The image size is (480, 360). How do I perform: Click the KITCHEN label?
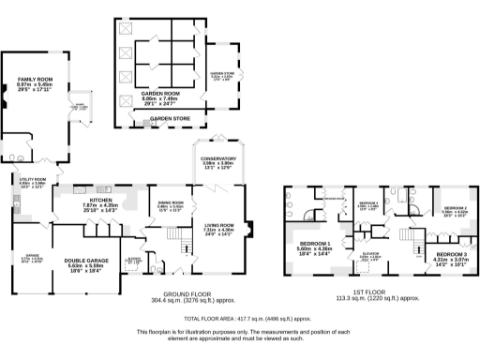pyautogui.click(x=100, y=201)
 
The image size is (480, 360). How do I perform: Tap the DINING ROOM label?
pyautogui.click(x=170, y=203)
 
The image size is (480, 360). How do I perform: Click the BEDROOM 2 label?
pyautogui.click(x=455, y=207)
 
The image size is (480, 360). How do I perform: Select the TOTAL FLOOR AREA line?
pyautogui.click(x=240, y=319)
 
